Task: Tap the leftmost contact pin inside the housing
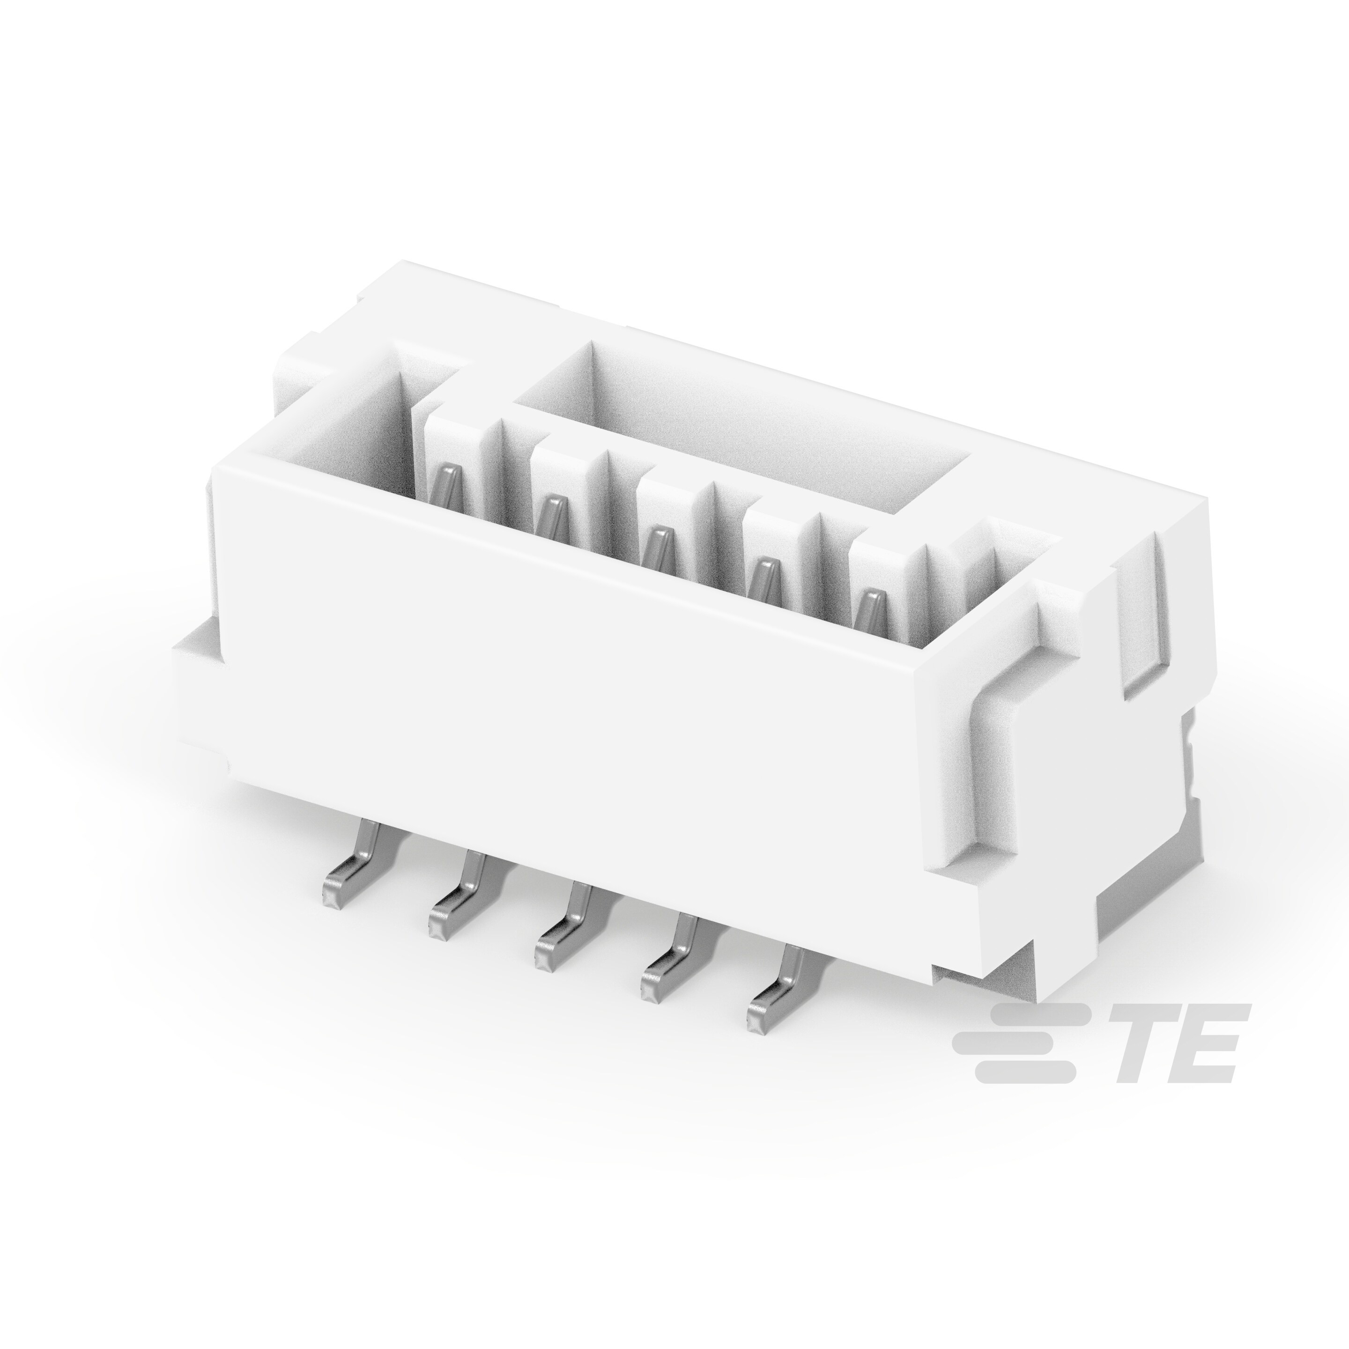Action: [447, 485]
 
